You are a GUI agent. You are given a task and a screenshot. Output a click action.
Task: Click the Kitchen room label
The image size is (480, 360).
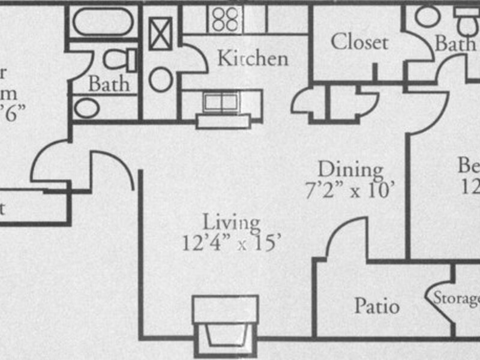point(252,58)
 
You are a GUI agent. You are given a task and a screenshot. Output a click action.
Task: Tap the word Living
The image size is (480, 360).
point(231,222)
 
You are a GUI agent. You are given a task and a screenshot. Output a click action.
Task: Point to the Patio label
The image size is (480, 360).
point(376,305)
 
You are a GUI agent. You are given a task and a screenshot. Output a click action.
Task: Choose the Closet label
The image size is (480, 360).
point(359,42)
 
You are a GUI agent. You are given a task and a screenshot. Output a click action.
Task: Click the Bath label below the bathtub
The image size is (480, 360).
point(109,83)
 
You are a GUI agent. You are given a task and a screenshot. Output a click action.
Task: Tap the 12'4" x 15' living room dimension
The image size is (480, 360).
point(231,242)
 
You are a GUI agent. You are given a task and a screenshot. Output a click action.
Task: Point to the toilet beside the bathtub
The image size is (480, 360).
point(120,59)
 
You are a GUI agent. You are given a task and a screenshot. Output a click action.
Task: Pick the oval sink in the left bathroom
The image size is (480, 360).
point(86,108)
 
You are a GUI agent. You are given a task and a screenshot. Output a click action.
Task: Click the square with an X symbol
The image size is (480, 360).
point(161,34)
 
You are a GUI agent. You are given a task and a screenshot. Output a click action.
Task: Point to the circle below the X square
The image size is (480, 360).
point(161,79)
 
